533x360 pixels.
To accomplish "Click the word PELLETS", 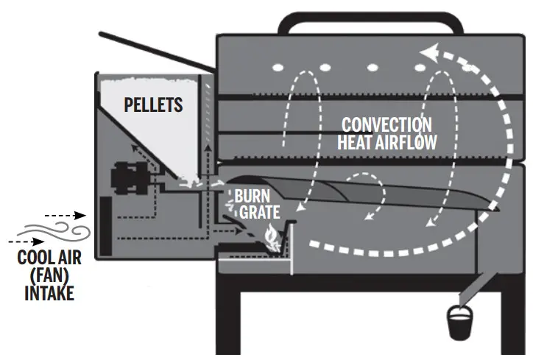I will (x=153, y=105).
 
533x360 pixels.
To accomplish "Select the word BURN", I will (x=252, y=197).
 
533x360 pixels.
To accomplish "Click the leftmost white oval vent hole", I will (x=278, y=67).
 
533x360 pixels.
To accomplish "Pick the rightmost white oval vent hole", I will (x=422, y=68).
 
